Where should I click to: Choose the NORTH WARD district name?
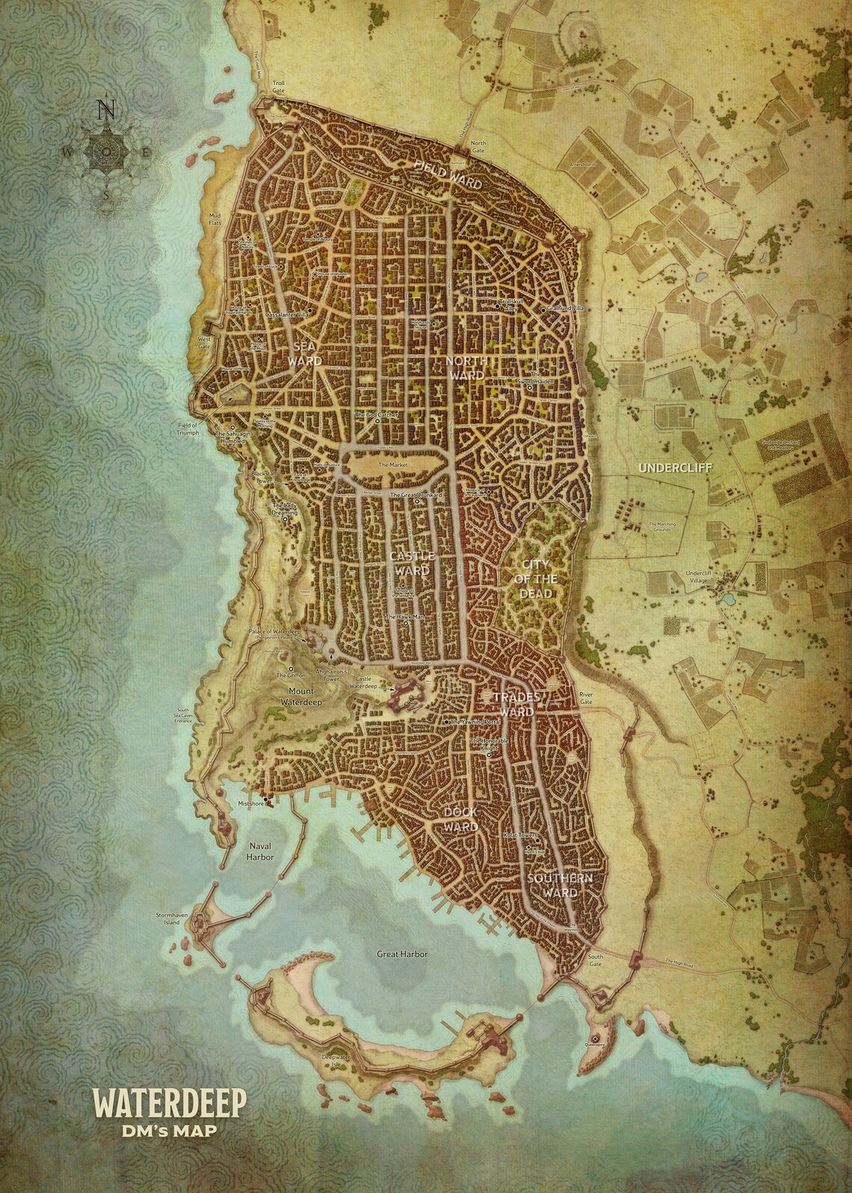(x=467, y=366)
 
